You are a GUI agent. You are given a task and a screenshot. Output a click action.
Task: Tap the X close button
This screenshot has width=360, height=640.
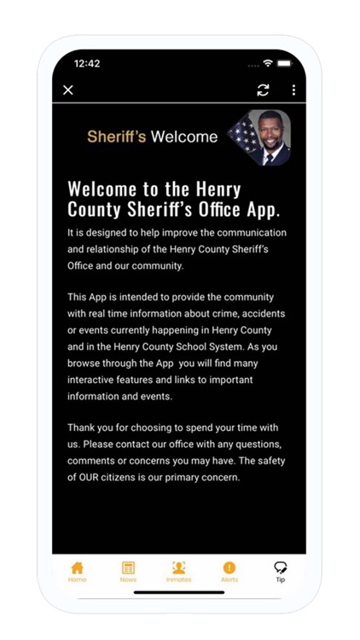coord(68,90)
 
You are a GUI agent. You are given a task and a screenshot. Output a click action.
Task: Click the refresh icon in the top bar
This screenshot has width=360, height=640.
coord(263,90)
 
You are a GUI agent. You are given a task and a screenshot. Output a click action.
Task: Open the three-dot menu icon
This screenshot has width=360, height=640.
coord(293,90)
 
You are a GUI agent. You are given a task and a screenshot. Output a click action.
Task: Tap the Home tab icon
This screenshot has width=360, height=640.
coord(78,567)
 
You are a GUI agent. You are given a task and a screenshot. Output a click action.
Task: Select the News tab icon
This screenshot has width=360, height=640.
coord(128,567)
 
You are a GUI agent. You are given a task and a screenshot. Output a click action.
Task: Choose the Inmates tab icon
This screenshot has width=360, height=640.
coord(178,567)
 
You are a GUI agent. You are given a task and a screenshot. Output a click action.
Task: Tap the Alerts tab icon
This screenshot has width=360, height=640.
coord(229,567)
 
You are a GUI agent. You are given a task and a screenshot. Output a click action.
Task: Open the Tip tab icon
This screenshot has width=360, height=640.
coord(280,567)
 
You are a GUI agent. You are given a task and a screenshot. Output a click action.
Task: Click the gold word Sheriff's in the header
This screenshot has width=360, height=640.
coord(117,137)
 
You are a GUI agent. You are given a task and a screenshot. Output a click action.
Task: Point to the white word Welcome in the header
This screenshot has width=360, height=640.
coord(184,137)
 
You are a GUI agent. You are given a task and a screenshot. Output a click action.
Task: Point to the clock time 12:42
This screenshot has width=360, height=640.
coord(87,64)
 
